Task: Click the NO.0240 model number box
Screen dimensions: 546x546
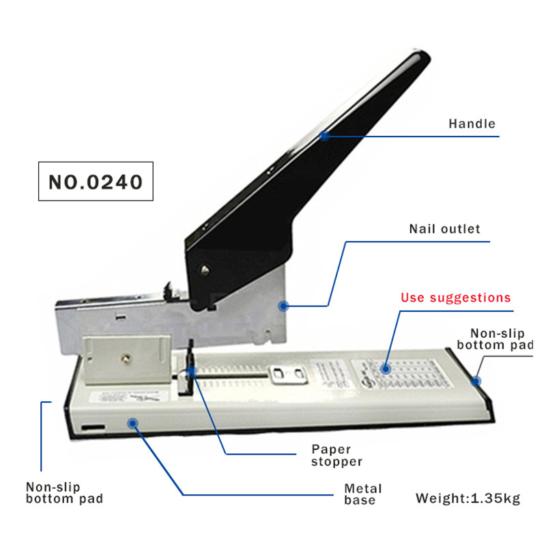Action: pos(96,182)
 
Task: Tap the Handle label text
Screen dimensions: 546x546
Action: pos(472,124)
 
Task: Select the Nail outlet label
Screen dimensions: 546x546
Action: pos(444,229)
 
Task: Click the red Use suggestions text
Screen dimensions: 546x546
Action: pos(455,298)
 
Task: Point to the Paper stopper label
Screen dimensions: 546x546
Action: pos(336,455)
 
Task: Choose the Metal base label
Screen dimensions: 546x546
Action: pos(362,494)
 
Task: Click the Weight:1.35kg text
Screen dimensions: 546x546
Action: pos(468,498)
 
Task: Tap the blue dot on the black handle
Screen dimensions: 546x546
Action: pos(325,136)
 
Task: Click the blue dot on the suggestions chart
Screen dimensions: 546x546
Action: pos(386,369)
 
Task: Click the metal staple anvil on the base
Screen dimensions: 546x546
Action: pos(287,373)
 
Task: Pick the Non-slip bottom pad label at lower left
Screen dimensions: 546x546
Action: pos(64,493)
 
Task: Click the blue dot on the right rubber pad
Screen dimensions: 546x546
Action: pos(478,380)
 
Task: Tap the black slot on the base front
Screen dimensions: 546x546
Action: pos(93,429)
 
